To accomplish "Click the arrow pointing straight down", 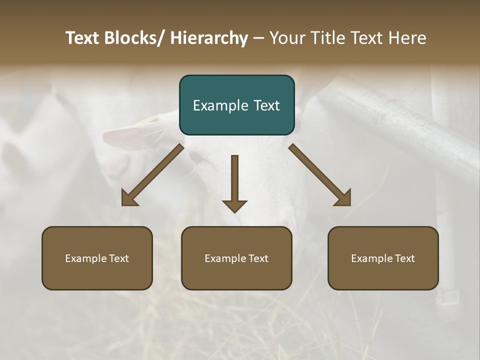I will [234, 182].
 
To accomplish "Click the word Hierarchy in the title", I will [209, 38].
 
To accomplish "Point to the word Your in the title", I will [287, 38].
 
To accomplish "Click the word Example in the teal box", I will [220, 106].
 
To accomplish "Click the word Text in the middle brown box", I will [258, 258].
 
